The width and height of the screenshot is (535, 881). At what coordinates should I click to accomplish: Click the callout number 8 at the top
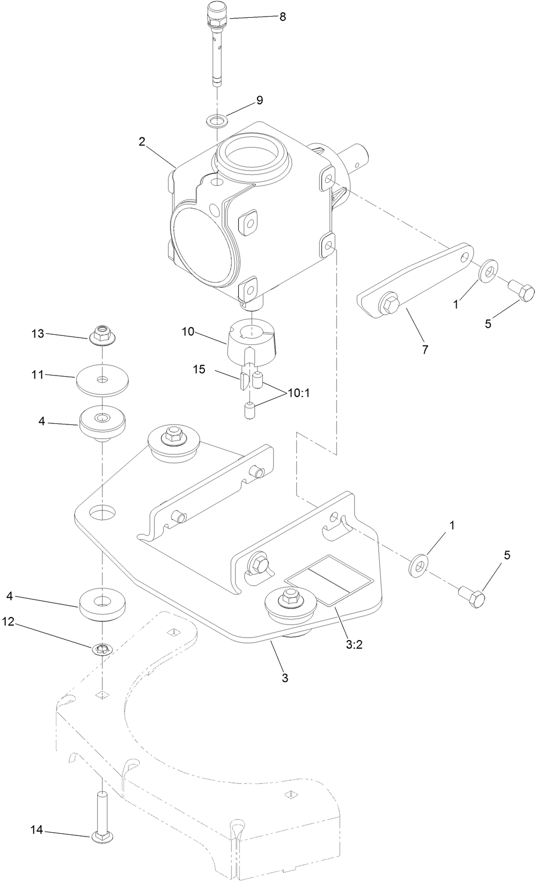point(282,17)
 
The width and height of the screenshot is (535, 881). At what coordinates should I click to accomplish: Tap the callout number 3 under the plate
point(285,678)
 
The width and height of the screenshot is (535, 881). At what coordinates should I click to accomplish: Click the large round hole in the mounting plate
point(102,512)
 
